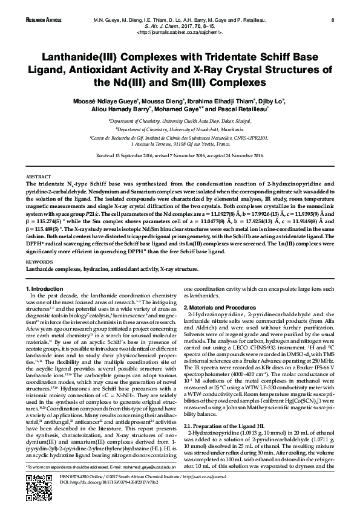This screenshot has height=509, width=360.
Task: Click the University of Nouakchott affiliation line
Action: [180, 129]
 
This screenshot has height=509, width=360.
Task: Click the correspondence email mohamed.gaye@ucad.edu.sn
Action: [141, 467]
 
